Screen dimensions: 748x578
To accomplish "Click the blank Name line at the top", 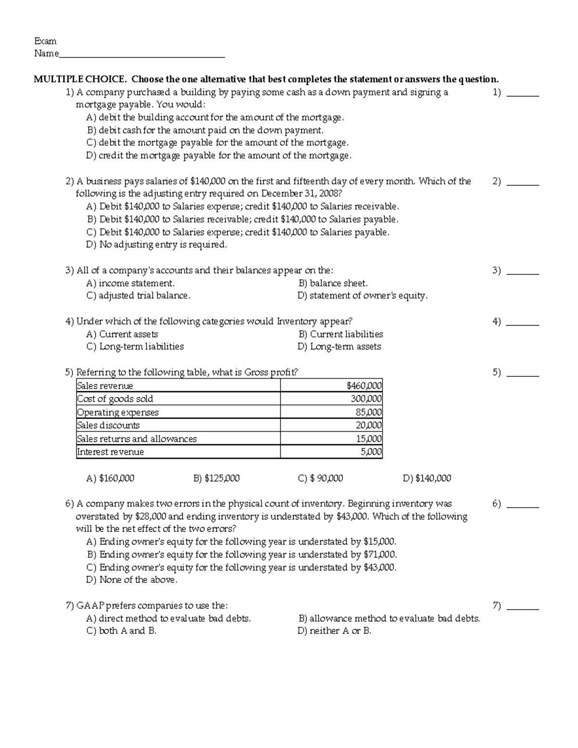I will click(x=142, y=54).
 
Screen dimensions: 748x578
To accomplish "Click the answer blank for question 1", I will click(x=524, y=93).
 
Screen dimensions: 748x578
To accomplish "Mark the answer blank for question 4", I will click(x=524, y=322).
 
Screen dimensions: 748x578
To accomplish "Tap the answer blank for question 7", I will click(x=524, y=606).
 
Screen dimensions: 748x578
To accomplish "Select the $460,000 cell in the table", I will click(x=364, y=386).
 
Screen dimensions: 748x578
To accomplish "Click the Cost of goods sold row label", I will click(x=115, y=399).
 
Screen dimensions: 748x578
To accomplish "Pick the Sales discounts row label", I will click(x=108, y=425).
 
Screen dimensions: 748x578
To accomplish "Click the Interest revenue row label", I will click(x=110, y=452).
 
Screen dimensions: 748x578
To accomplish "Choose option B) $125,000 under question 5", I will click(x=216, y=478).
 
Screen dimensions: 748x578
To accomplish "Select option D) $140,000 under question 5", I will click(x=427, y=478).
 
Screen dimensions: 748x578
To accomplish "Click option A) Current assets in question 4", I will click(x=122, y=334).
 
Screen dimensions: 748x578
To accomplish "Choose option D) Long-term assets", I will click(x=339, y=347).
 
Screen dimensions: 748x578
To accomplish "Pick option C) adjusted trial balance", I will click(x=138, y=296).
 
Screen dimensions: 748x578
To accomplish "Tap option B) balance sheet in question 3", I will click(x=333, y=283).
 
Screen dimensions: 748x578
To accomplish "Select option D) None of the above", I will click(x=131, y=580).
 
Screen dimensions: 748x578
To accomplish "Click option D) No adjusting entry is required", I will click(x=156, y=245).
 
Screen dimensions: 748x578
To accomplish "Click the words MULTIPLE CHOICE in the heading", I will click(x=80, y=79).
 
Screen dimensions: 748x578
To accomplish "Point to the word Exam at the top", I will click(x=45, y=41).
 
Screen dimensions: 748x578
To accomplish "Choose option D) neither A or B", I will click(x=334, y=631).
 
